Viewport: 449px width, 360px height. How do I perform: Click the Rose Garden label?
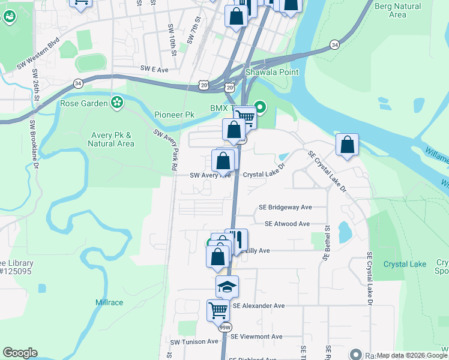coord(84,103)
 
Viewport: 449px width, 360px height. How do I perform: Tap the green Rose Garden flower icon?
coord(118,103)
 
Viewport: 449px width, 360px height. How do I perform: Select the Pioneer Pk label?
coord(174,115)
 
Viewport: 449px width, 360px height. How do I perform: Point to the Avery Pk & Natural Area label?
coord(111,139)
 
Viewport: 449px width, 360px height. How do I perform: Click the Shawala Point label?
coord(272,73)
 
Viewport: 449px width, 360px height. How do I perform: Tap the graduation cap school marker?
coord(228,287)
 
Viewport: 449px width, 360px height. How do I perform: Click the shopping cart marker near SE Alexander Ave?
coord(218,311)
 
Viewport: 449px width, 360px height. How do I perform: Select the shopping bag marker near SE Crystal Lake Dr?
coord(347,145)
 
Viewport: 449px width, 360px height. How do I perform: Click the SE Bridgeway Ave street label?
coord(285,207)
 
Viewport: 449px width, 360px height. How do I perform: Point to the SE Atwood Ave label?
coord(287,224)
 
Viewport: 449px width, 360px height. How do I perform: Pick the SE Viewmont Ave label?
coord(256,337)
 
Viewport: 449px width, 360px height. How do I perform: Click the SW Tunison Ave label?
coord(194,341)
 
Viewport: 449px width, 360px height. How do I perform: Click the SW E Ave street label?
coord(154,70)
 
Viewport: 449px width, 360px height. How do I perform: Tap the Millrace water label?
coord(109,303)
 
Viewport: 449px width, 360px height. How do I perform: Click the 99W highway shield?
coord(225,328)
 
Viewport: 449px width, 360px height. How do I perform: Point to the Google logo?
coord(20,353)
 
